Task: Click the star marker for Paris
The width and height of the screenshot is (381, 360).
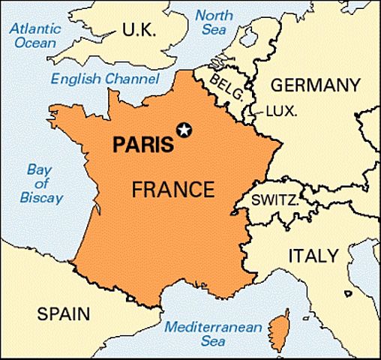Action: pyautogui.click(x=183, y=130)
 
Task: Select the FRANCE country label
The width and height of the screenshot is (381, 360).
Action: pyautogui.click(x=172, y=189)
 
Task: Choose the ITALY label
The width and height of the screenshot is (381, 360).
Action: pyautogui.click(x=313, y=256)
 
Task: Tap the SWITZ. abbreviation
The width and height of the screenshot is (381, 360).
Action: pyautogui.click(x=274, y=200)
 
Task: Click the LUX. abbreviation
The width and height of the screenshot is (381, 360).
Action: pyautogui.click(x=282, y=111)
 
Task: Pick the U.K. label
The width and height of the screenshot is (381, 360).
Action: pyautogui.click(x=139, y=31)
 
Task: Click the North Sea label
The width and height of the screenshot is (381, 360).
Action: pyautogui.click(x=214, y=21)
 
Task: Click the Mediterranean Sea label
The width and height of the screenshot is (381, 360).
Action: pyautogui.click(x=213, y=334)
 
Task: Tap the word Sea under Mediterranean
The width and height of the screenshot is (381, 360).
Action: pyautogui.click(x=214, y=342)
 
